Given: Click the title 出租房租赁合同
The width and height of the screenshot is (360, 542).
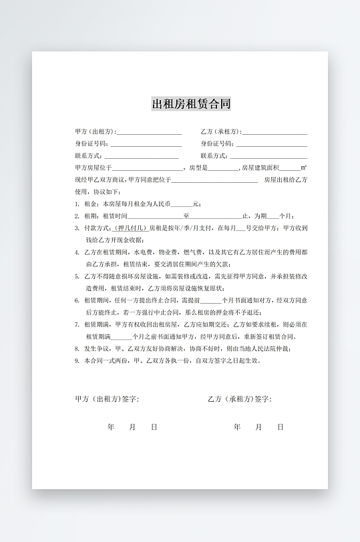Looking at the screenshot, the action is tap(192, 104).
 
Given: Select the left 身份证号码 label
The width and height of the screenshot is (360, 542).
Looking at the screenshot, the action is tap(92, 144).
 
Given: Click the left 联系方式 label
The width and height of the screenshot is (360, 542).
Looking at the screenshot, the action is tap(88, 156).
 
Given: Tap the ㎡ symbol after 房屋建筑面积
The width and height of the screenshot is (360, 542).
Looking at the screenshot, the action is tap(304, 168).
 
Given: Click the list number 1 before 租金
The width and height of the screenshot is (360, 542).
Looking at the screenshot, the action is tap(77, 204).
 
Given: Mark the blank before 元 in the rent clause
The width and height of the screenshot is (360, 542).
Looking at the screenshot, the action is tap(182, 205).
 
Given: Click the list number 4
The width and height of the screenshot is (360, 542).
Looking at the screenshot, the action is tap(77, 252).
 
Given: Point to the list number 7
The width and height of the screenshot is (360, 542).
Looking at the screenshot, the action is tap(77, 324).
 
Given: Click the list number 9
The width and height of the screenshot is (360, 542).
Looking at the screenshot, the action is tap(77, 360).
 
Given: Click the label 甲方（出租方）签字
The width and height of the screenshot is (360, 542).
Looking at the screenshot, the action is tap(107, 399).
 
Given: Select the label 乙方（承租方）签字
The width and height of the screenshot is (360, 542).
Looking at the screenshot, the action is tap(239, 399).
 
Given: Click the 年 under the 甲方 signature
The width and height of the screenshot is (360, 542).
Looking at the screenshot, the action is tap(111, 427).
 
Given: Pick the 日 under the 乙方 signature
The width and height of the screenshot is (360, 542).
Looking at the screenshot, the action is tap(281, 427).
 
